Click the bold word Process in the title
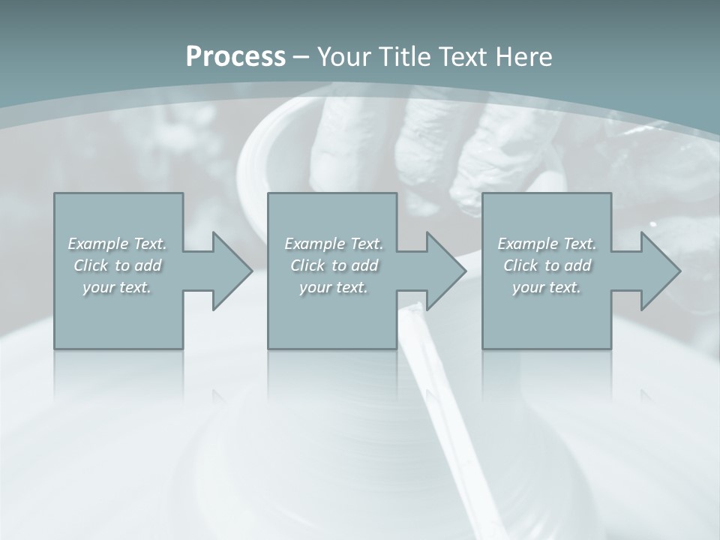point(235,57)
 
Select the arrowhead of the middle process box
point(444,271)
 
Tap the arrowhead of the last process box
point(658,271)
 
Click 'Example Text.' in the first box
point(117,244)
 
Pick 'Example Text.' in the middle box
point(334,244)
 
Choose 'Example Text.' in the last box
point(547,244)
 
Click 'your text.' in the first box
point(117,287)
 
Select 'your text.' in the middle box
point(334,287)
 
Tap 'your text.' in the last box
point(547,287)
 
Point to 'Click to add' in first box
point(117,265)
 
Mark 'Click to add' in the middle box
point(334,265)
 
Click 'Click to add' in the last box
point(547,265)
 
